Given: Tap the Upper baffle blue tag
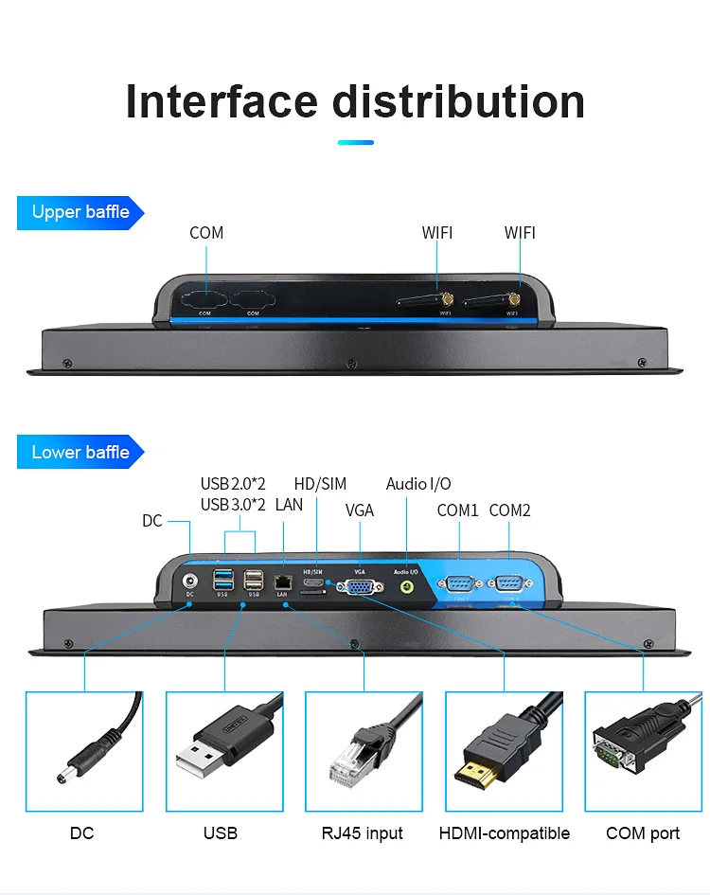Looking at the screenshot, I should [x=80, y=212].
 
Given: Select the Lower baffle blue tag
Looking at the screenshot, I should [x=80, y=453].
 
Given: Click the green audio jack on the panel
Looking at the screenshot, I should [x=407, y=587].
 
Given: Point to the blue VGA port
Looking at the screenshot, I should [x=360, y=587].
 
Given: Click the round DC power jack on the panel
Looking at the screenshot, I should [x=190, y=582].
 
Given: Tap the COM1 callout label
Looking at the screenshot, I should [x=458, y=510].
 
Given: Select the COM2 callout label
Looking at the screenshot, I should [x=510, y=510].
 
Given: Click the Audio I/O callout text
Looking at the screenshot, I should [x=418, y=484].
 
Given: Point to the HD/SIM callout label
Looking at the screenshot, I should [x=320, y=484].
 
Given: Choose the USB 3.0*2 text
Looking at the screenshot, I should [x=233, y=505].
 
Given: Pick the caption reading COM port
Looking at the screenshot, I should [x=643, y=833].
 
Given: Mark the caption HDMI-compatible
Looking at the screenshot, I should [x=504, y=833].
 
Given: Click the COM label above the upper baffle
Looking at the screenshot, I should [x=206, y=233].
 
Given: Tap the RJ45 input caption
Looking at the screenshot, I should [x=362, y=833].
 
